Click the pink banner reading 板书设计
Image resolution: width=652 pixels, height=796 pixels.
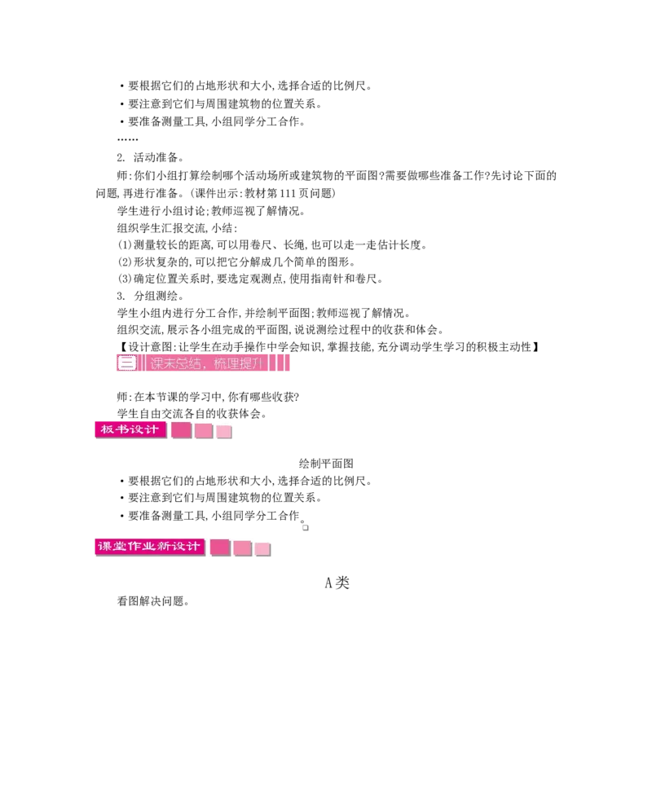130,429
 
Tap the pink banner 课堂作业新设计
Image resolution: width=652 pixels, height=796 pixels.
149,546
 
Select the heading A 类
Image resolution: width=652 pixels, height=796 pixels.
337,583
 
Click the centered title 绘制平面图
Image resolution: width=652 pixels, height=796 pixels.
326,463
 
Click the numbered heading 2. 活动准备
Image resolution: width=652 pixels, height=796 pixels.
150,157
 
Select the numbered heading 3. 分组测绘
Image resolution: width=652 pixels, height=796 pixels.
150,296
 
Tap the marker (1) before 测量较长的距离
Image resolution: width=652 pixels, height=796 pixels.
125,244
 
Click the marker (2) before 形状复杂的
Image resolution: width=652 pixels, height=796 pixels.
125,262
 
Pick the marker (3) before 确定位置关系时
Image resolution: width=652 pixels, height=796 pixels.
125,279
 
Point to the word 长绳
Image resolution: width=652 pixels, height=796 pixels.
294,244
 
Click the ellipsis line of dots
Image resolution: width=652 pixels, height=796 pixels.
127,139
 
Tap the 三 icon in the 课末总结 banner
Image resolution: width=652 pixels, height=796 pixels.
127,363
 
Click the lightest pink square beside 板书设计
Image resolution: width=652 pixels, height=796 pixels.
224,432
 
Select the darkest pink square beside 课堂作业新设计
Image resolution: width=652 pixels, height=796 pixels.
220,548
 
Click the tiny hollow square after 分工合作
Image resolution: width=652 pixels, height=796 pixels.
305,527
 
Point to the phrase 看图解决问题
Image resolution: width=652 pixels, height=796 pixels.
153,601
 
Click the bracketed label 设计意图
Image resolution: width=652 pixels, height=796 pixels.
145,347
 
